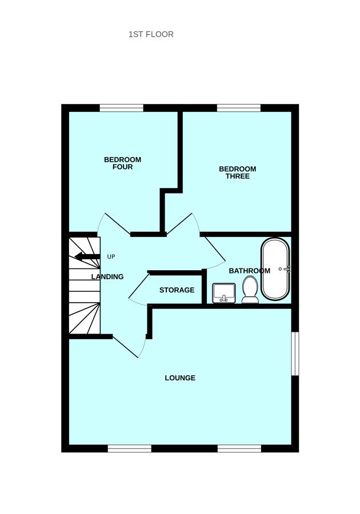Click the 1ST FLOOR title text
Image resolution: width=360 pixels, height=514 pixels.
coord(151,34)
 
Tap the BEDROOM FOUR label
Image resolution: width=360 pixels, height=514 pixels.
coord(122,163)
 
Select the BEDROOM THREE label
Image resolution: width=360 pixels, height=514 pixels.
coord(237,172)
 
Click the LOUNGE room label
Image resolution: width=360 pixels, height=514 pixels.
coord(180,378)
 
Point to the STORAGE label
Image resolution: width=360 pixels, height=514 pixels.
coord(177,290)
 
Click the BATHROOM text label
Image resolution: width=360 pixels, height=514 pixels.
coord(249,271)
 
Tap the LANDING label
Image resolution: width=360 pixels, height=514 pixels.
coord(107,277)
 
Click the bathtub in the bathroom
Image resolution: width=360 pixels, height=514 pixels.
coord(275,269)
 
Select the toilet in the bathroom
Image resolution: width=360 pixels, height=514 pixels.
coord(250,289)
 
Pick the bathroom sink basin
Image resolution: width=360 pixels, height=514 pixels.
coord(223,293)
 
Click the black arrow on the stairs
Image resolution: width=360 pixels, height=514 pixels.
coord(87,257)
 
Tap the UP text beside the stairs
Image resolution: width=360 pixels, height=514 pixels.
coord(111,257)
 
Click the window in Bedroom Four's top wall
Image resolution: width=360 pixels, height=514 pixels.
coord(121,108)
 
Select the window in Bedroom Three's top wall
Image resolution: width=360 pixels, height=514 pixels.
coord(239,108)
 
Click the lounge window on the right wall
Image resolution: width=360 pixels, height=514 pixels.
coord(295,354)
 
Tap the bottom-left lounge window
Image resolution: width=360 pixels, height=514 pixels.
coord(130,449)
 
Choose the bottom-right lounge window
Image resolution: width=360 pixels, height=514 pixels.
coord(239,449)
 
